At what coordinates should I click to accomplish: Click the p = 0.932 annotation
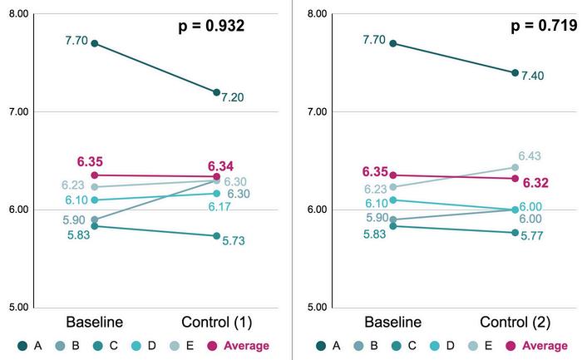[x=212, y=26]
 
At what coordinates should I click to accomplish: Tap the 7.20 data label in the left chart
[x=232, y=96]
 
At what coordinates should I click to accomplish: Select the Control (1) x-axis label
[x=216, y=322]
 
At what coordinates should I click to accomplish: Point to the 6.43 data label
[x=530, y=156]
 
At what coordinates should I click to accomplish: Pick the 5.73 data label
[x=232, y=241]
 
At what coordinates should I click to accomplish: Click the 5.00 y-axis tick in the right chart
[x=317, y=308]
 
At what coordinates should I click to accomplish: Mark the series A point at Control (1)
[x=216, y=92]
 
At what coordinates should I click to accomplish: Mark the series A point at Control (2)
[x=515, y=73]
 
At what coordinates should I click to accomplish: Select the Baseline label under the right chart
[x=392, y=322]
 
